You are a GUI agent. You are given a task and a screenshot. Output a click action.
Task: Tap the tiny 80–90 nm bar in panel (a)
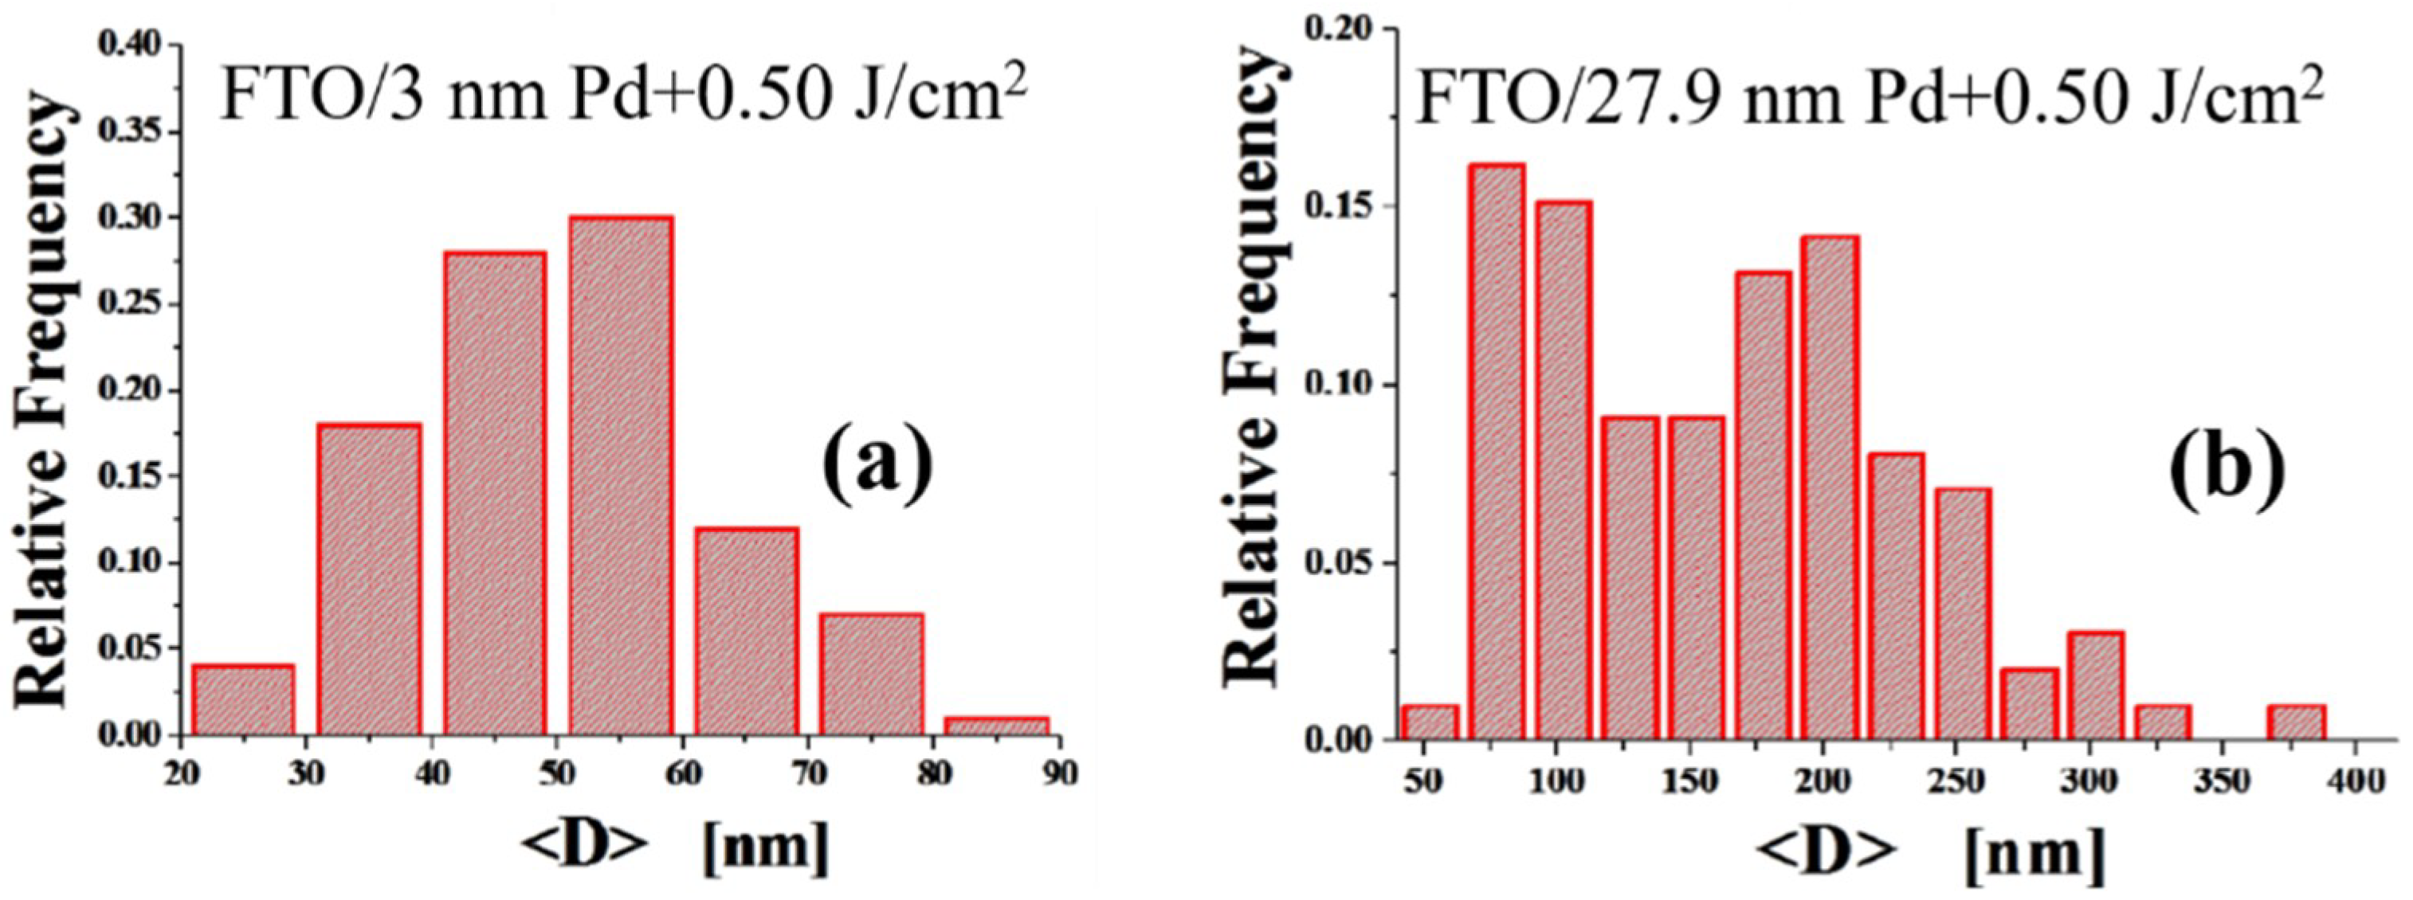[x=997, y=726]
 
